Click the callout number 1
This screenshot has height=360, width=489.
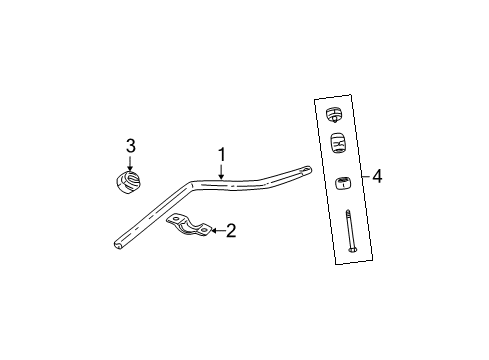coord(221,156)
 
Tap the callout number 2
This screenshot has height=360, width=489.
coord(231,232)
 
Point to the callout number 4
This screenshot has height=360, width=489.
coord(377,177)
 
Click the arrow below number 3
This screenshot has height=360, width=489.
coord(130,163)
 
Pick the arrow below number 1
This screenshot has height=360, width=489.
coord(221,171)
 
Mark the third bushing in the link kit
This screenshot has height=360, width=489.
coord(342,183)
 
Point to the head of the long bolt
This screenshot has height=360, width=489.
coord(353,250)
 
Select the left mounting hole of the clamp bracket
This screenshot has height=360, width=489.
coord(172,223)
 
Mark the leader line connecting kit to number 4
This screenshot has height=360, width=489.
coord(366,178)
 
